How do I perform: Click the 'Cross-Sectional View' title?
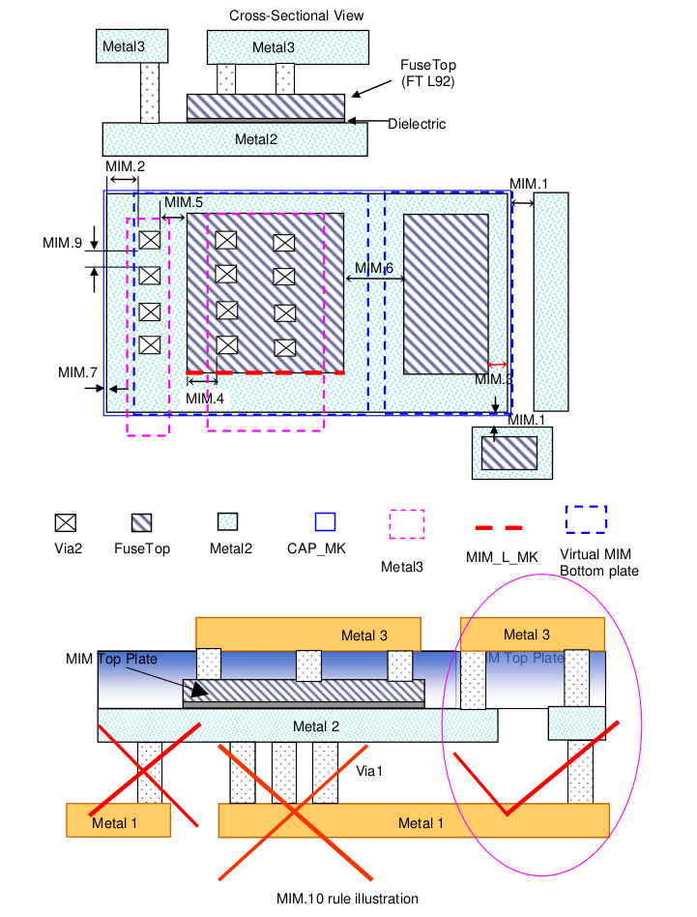pyautogui.click(x=282, y=16)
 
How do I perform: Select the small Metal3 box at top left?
pyautogui.click(x=133, y=45)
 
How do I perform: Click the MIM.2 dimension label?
pyautogui.click(x=125, y=167)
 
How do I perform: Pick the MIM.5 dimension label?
pyautogui.click(x=183, y=202)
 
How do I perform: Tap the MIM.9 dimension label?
pyautogui.click(x=62, y=243)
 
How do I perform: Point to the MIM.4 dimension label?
pyautogui.click(x=205, y=398)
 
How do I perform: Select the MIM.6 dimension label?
pyautogui.click(x=373, y=268)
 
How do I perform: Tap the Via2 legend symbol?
pyautogui.click(x=65, y=522)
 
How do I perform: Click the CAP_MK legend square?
pyautogui.click(x=325, y=522)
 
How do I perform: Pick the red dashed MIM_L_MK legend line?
pyautogui.click(x=499, y=527)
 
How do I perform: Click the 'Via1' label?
pyautogui.click(x=368, y=771)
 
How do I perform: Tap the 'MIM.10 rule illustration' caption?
pyautogui.click(x=347, y=899)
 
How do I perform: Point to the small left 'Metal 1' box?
pyautogui.click(x=119, y=820)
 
